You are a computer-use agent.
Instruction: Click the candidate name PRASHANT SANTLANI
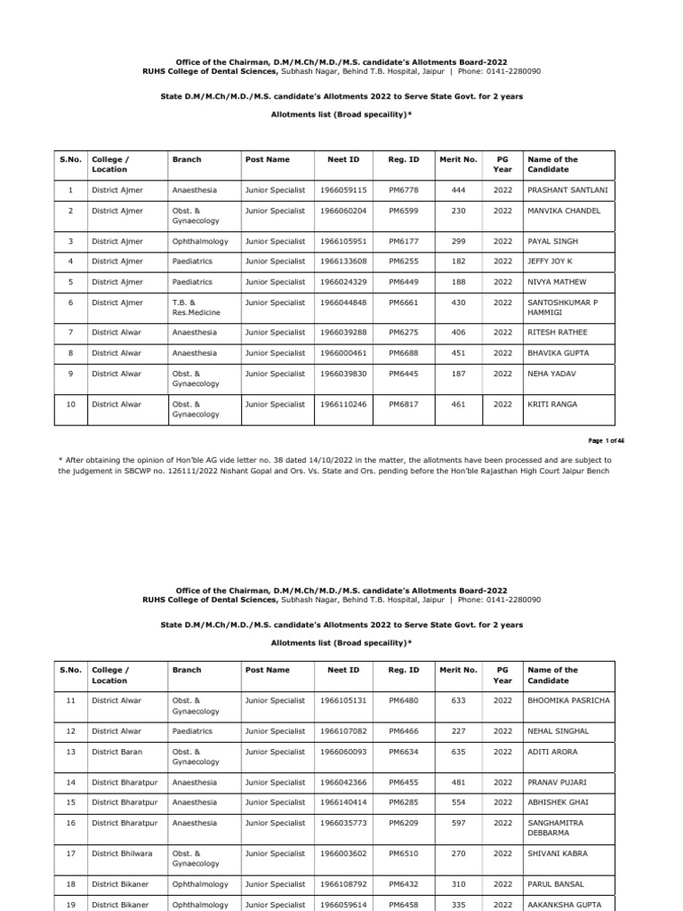[567, 190]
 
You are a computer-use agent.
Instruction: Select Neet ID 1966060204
[343, 211]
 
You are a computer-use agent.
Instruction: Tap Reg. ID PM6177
[403, 241]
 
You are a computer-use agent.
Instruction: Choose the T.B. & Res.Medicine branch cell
[195, 308]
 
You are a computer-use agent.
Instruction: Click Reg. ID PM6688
[403, 353]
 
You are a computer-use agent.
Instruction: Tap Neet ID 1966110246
[343, 405]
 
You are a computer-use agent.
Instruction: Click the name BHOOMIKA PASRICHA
[569, 701]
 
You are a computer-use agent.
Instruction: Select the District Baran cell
[117, 752]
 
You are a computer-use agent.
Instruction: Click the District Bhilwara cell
[122, 854]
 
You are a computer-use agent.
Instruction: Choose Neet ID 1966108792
[343, 885]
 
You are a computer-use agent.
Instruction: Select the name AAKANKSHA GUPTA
[564, 905]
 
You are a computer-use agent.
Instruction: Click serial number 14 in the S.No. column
[70, 783]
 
